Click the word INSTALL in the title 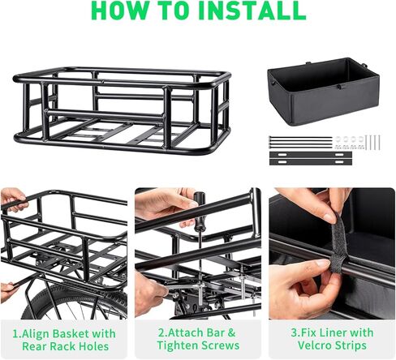pyautogui.click(x=252, y=10)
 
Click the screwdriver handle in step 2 pyautogui.click(x=200, y=204)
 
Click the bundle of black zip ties pyautogui.click(x=300, y=142)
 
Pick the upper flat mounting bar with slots pyautogui.click(x=311, y=155)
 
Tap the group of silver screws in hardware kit pyautogui.click(x=372, y=142)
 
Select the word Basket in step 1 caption pyautogui.click(x=71, y=333)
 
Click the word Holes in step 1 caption pyautogui.click(x=94, y=346)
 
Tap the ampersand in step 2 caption pyautogui.click(x=231, y=332)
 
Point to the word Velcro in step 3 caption pyautogui.click(x=314, y=345)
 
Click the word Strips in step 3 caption pyautogui.click(x=351, y=345)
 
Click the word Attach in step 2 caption pyautogui.click(x=185, y=332)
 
